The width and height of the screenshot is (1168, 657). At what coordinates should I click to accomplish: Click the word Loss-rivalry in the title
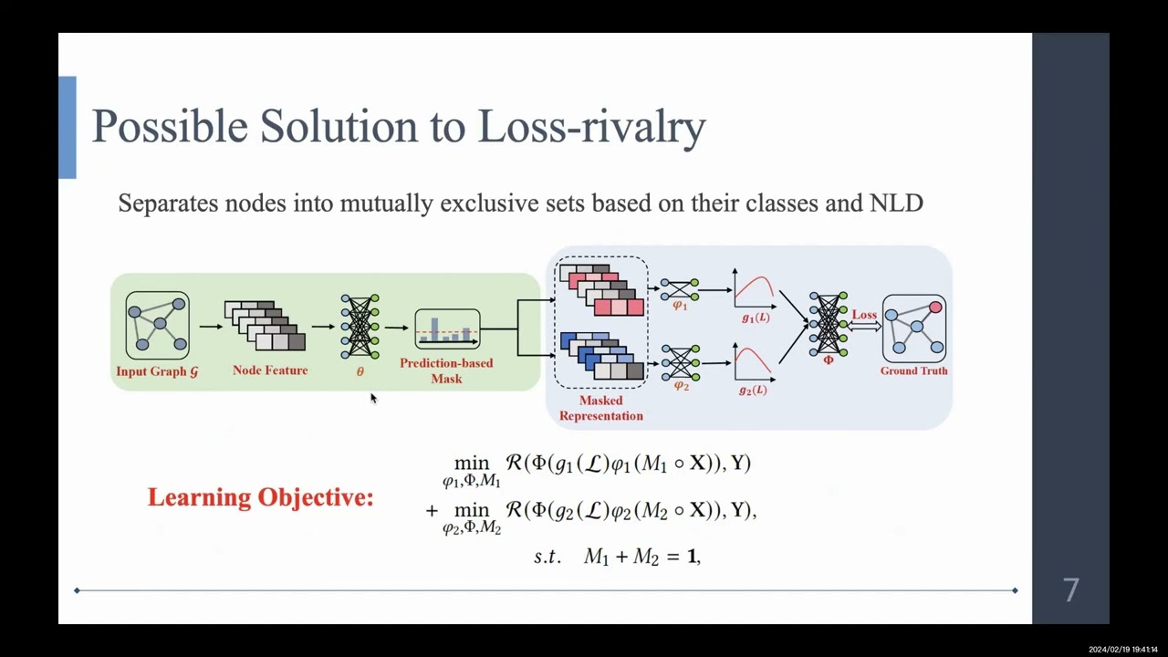pos(591,126)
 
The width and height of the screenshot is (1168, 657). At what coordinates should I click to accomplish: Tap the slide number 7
pos(1071,589)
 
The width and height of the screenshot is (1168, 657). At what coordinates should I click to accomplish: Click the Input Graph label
pos(157,371)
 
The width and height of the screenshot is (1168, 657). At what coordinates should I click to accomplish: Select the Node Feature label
pos(270,370)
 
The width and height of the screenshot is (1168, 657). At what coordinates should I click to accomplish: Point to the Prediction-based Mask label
pos(446,370)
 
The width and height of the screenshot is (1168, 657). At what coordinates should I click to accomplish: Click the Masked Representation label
pos(600,408)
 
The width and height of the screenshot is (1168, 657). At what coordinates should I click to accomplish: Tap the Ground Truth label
pos(913,370)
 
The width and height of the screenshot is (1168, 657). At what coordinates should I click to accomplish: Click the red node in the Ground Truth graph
pos(935,308)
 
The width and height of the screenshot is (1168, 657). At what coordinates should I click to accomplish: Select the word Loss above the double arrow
pos(864,315)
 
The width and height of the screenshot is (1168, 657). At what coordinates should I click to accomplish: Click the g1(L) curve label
pos(755,318)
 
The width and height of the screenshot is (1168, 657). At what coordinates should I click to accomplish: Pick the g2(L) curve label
pos(753,391)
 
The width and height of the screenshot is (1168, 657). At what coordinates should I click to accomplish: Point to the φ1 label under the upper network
pos(680,307)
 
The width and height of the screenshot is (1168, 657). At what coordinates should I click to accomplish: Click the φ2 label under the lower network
pos(681,386)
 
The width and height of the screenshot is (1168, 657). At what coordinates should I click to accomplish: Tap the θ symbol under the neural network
pos(360,371)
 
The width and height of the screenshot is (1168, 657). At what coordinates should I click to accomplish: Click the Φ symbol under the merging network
pos(829,360)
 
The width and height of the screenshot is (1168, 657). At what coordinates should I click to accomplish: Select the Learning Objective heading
pos(260,497)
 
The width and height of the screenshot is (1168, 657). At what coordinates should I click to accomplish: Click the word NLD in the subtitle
pos(897,203)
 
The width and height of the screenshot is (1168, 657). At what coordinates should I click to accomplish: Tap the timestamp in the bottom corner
pos(1122,650)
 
